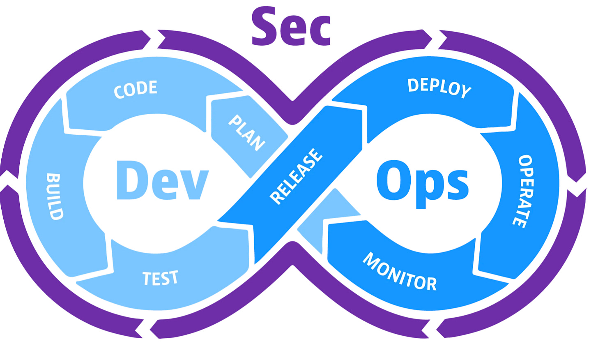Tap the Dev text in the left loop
coord(163,180)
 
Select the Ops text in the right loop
coord(423,182)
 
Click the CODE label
coord(136,89)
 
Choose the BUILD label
coord(55,196)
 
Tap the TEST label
coord(160,278)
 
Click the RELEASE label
coord(296,176)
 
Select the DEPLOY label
coord(439,87)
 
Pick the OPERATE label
coord(523,191)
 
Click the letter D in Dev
coord(131,180)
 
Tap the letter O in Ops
coord(394,180)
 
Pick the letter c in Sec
coord(320,30)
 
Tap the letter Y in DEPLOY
coord(465,91)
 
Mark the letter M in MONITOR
coord(371,260)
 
